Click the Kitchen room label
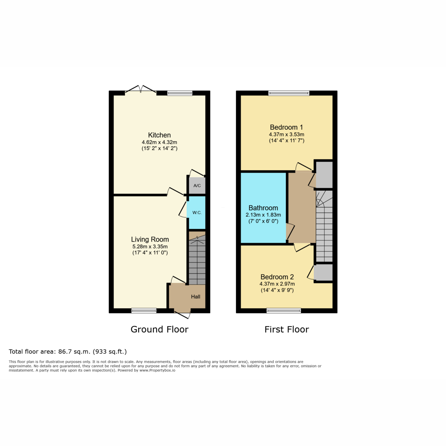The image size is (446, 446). pyautogui.click(x=159, y=135)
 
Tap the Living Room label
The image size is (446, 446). pyautogui.click(x=150, y=239)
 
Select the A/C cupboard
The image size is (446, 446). pyautogui.click(x=197, y=185)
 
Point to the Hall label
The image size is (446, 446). pyautogui.click(x=195, y=297)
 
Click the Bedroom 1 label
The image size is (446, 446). pyautogui.click(x=286, y=127)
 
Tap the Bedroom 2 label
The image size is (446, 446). pyautogui.click(x=277, y=277)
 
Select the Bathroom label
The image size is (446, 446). pyautogui.click(x=263, y=208)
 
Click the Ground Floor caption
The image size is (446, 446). pyautogui.click(x=159, y=329)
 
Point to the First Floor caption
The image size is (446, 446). pyautogui.click(x=287, y=329)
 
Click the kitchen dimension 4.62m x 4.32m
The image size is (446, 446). pyautogui.click(x=159, y=142)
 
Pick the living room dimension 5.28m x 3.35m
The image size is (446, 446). pyautogui.click(x=150, y=246)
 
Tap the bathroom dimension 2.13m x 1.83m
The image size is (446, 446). pyautogui.click(x=263, y=215)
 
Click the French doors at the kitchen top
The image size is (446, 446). pyautogui.click(x=140, y=90)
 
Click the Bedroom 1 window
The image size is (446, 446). pyautogui.click(x=289, y=93)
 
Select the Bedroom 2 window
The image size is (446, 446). pyautogui.click(x=284, y=311)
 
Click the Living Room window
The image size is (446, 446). pyautogui.click(x=144, y=311)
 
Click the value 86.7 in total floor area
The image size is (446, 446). pyautogui.click(x=65, y=352)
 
